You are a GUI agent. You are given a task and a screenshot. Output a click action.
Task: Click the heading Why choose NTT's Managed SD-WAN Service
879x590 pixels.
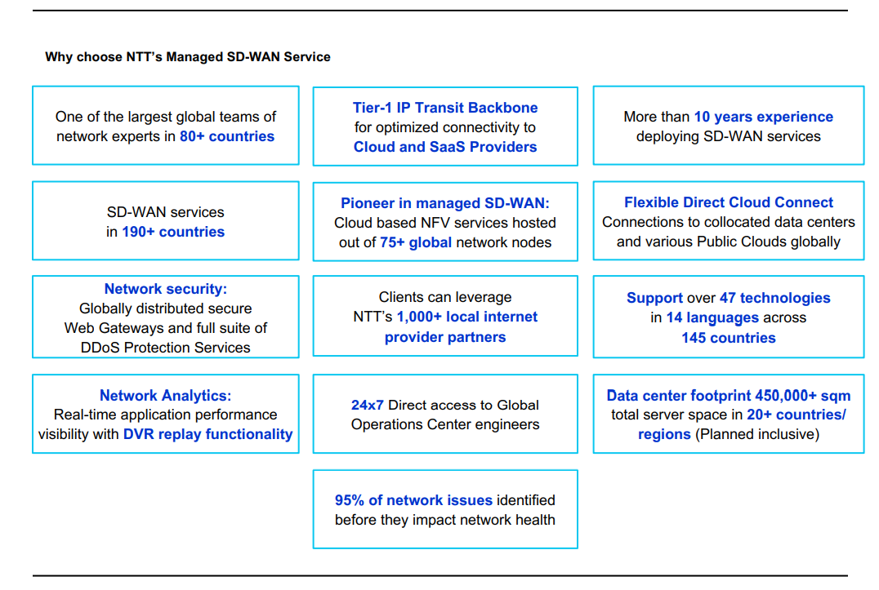coord(188,57)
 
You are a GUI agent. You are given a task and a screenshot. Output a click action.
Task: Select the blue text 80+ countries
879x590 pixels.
coord(227,136)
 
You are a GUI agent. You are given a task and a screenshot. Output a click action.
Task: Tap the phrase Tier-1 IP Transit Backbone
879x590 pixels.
coord(445,108)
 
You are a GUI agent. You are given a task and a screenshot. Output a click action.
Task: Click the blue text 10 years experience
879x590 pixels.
coord(763,117)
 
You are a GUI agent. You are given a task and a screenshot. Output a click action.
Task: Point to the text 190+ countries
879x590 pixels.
coord(173,232)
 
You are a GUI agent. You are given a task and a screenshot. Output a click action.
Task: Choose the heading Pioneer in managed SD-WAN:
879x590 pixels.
coord(445,203)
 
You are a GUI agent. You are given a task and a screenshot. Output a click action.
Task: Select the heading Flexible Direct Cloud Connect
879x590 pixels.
coord(729,202)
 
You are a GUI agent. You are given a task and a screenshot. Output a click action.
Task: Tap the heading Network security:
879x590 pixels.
coord(166,289)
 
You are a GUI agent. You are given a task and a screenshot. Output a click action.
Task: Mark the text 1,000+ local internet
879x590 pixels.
coord(467,317)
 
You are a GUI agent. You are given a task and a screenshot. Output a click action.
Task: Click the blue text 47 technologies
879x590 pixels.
coord(774,298)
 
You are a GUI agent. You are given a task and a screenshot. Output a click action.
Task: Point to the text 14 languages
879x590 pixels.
coord(712,317)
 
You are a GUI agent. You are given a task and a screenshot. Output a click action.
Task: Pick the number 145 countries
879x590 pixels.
coord(729,338)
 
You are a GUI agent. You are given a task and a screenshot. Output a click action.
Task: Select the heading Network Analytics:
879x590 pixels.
coord(166,396)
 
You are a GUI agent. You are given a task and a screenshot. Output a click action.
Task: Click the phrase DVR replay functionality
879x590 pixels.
coord(207,434)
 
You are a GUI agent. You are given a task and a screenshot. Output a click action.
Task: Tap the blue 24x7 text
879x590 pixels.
coord(368,405)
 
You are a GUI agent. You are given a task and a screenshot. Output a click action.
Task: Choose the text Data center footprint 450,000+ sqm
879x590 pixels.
coord(729,396)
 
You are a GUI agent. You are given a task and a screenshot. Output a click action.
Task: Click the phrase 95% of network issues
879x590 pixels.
coord(413,500)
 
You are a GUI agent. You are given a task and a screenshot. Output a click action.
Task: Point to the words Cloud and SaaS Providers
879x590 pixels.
coord(445,147)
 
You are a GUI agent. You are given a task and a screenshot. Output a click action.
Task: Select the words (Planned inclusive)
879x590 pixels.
coord(756,434)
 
